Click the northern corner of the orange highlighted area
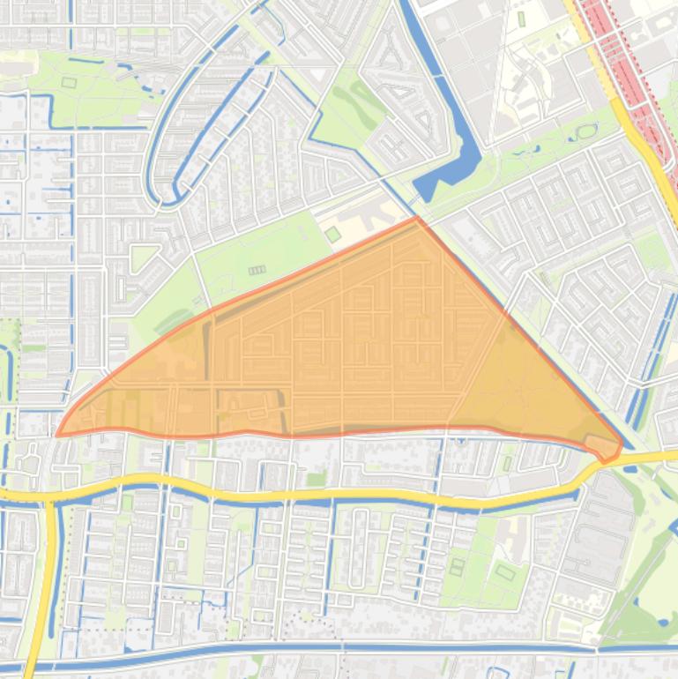click(x=416, y=218)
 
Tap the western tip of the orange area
click(x=58, y=434)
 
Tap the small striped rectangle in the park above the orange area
click(x=257, y=270)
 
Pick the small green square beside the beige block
click(x=332, y=234)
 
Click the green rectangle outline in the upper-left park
click(x=69, y=83)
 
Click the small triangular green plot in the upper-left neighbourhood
click(x=141, y=257)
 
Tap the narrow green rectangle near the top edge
click(x=521, y=18)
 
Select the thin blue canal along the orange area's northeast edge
click(x=529, y=334)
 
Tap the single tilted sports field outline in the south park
click(x=505, y=573)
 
